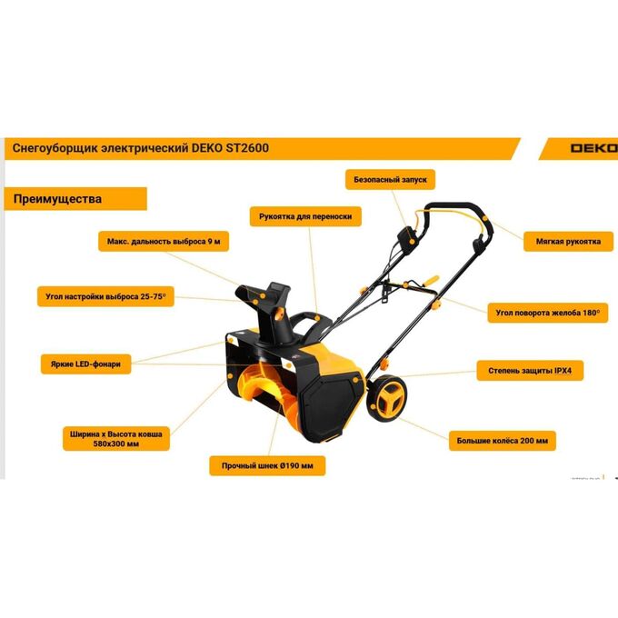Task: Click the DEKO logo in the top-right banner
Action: click(594, 148)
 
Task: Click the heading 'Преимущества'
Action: click(57, 199)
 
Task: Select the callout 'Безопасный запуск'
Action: click(390, 180)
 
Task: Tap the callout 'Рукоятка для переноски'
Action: click(305, 216)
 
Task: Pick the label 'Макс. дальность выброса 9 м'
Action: click(164, 241)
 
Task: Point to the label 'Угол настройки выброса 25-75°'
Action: click(105, 296)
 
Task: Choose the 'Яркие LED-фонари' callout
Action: click(85, 364)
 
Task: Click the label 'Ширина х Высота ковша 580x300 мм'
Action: click(116, 439)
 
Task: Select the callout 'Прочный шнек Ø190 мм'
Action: click(267, 466)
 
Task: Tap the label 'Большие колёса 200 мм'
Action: click(502, 441)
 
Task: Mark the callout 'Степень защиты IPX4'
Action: click(530, 371)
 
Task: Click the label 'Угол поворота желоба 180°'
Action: click(548, 313)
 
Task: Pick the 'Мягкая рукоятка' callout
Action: click(568, 241)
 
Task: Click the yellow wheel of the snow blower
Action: click(387, 398)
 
